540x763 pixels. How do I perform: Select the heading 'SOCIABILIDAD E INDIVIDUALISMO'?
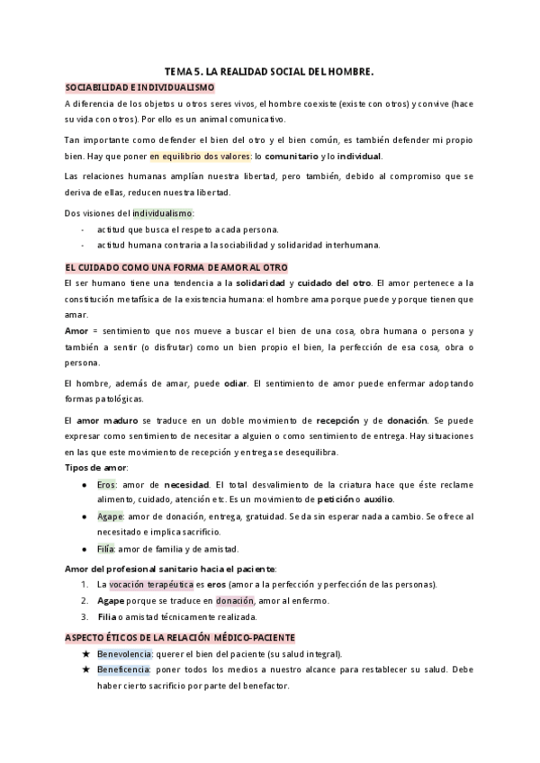pyautogui.click(x=140, y=87)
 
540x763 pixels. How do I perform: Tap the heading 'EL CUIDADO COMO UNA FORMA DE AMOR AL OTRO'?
pyautogui.click(x=175, y=267)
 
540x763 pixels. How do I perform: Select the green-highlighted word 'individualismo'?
pyautogui.click(x=163, y=213)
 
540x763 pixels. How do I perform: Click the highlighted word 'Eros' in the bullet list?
pyautogui.click(x=107, y=484)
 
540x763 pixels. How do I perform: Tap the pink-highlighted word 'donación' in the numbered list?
pyautogui.click(x=235, y=600)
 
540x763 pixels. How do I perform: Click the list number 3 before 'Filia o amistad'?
pyautogui.click(x=85, y=616)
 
